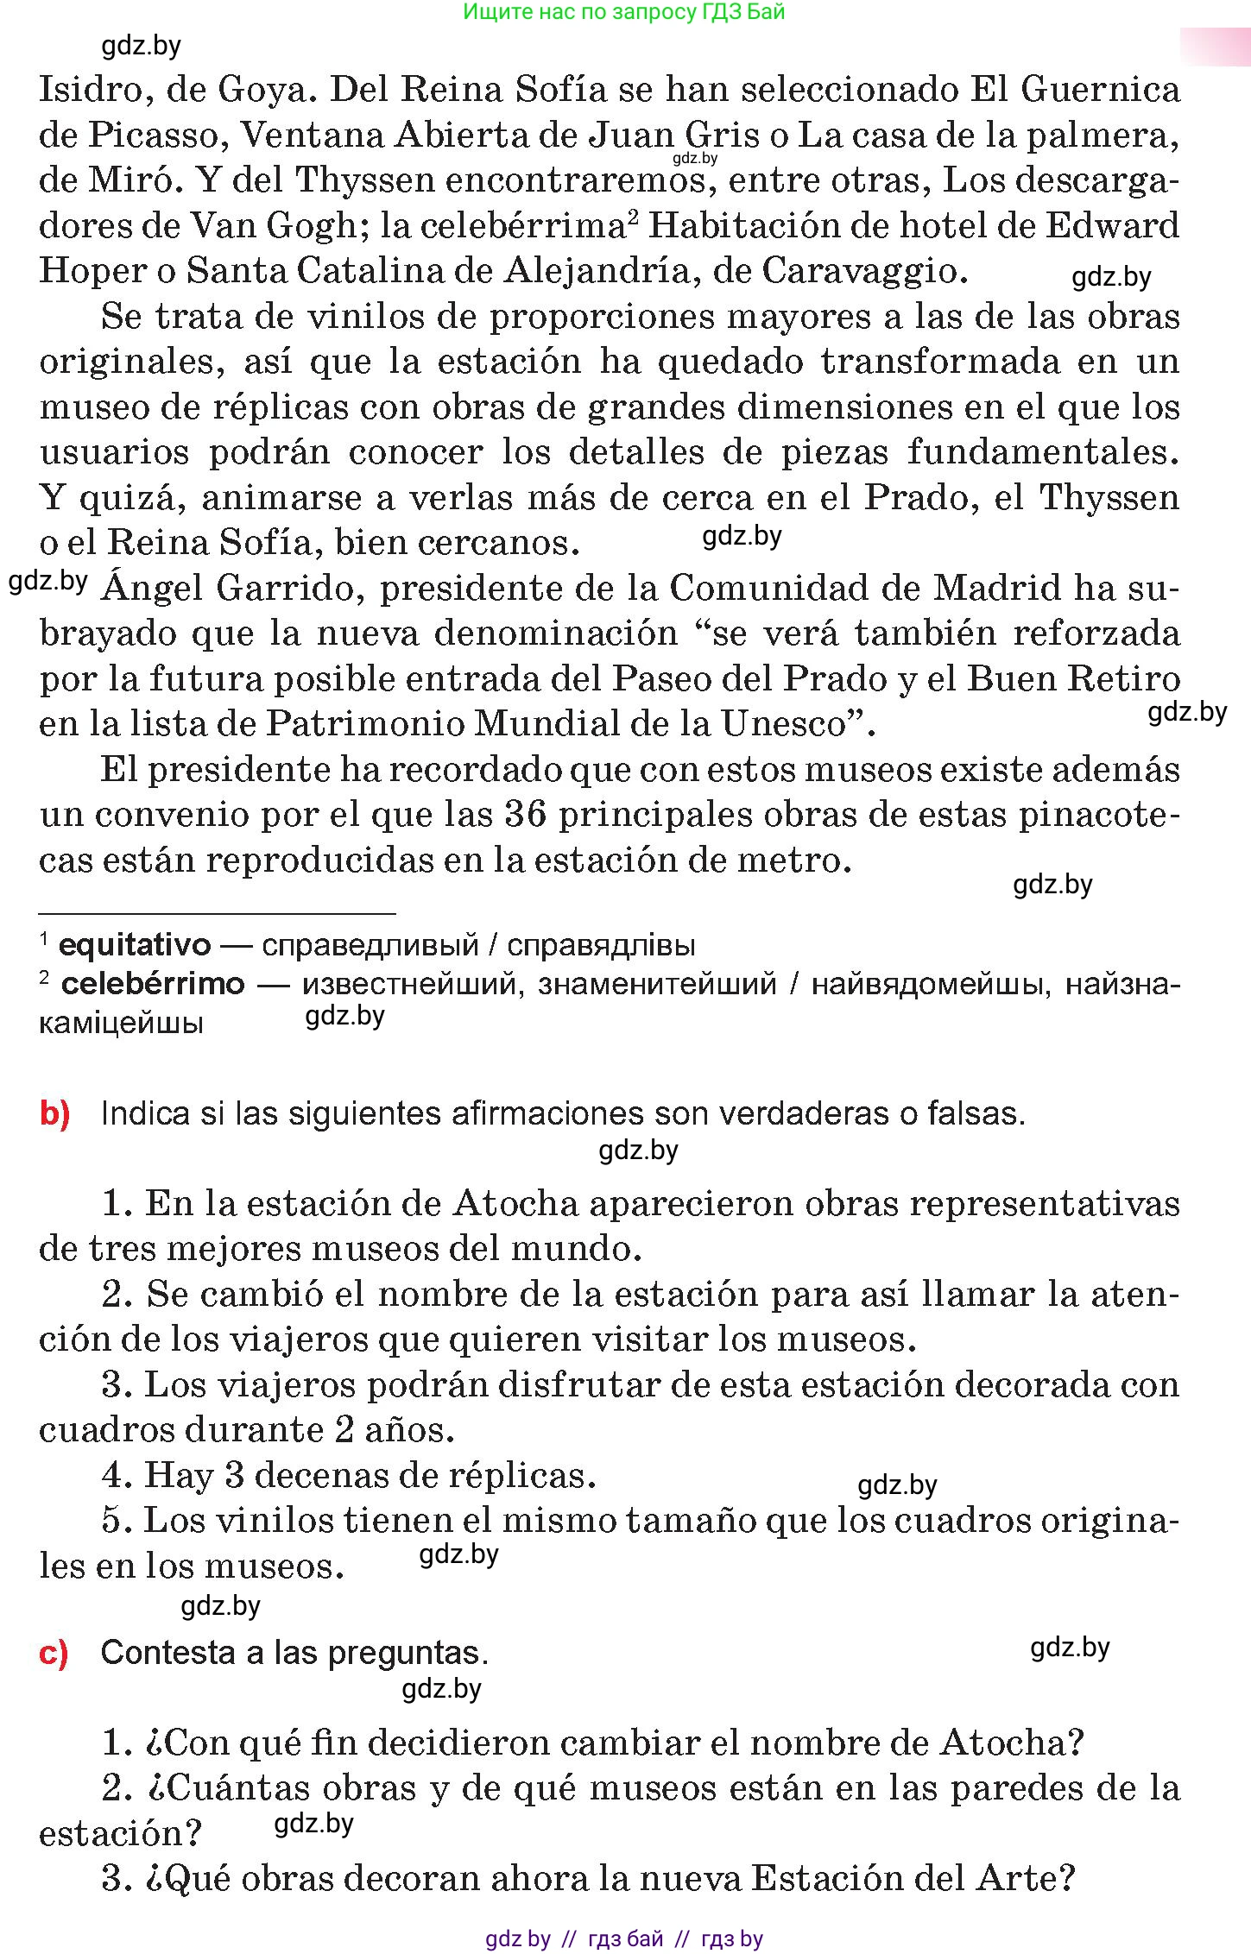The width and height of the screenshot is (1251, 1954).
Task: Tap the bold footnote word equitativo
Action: point(134,945)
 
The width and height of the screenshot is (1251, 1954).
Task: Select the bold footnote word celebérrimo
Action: point(153,984)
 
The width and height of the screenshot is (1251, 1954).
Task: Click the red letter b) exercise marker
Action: point(54,1114)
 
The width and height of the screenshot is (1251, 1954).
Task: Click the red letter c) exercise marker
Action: point(54,1653)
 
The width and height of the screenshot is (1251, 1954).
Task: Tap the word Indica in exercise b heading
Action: point(144,1114)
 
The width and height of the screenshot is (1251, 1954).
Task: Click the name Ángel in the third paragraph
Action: point(152,589)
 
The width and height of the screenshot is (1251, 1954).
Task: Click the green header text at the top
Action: point(624,12)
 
